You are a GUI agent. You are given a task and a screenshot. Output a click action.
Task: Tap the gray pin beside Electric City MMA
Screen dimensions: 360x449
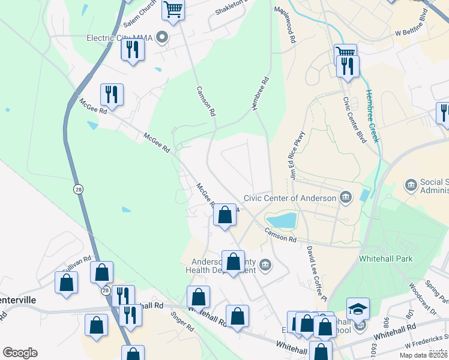(161, 38)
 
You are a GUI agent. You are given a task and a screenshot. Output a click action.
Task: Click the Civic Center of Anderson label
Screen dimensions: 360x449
(289, 199)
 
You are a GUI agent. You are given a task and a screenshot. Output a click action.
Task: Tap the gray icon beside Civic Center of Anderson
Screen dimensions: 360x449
(346, 197)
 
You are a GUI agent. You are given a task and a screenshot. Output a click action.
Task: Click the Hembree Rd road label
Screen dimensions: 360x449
(258, 94)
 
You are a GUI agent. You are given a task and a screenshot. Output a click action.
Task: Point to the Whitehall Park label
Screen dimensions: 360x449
(385, 258)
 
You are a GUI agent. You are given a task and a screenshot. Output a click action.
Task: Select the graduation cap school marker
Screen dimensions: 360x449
(358, 309)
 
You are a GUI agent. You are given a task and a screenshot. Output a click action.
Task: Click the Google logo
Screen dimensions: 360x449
(20, 353)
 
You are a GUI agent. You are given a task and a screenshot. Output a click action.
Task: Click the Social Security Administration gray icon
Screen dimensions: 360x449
(411, 184)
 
